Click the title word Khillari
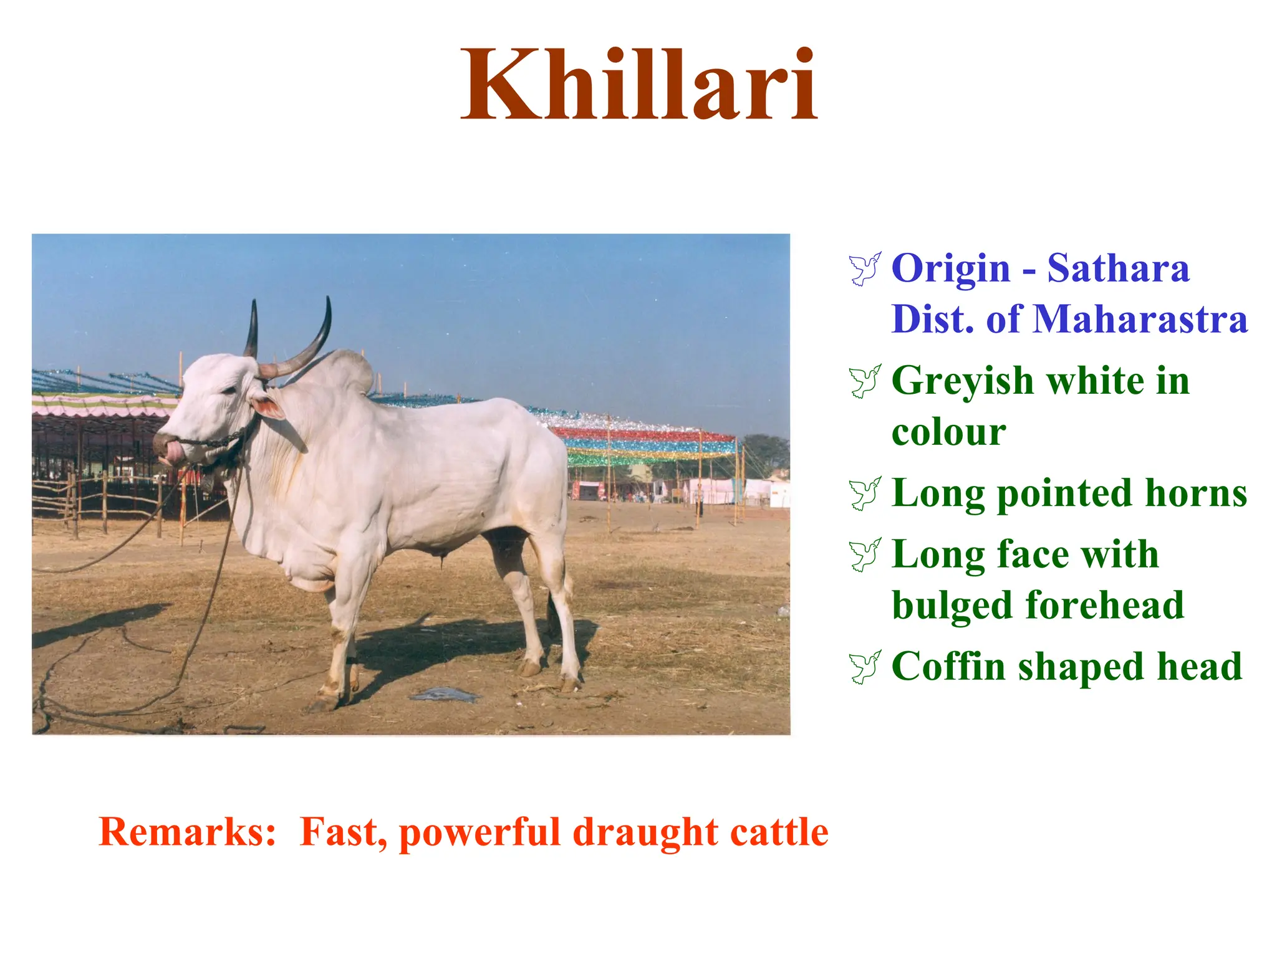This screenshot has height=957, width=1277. point(638,86)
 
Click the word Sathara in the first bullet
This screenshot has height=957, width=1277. point(1118,269)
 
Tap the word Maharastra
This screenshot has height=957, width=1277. point(1140,319)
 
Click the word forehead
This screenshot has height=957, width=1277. point(1104,605)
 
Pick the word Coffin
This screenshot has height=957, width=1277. point(948,667)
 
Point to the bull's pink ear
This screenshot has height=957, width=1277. point(268,407)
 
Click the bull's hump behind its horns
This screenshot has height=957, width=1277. point(349,369)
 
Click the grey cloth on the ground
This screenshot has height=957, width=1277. point(444,693)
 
